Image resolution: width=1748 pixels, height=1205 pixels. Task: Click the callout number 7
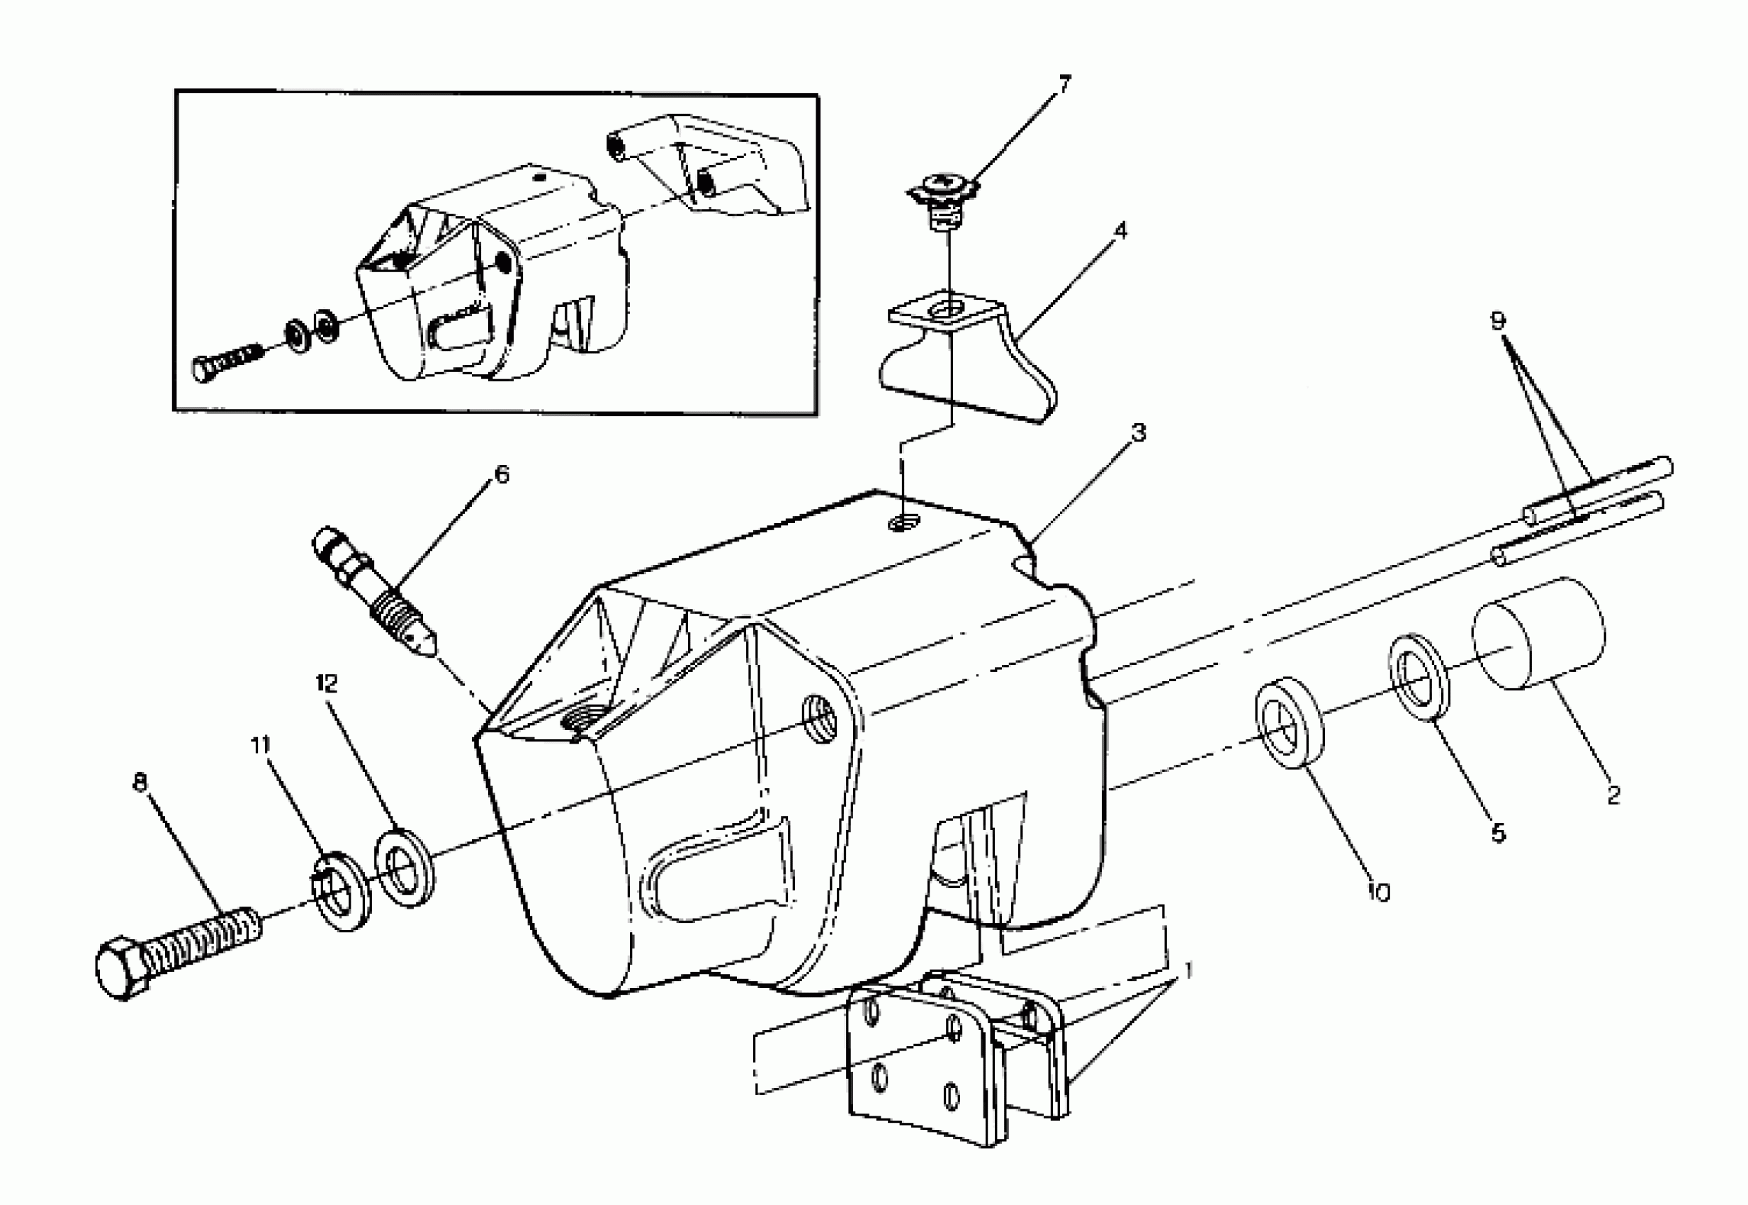1064,84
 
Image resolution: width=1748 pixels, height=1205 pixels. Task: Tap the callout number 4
1121,230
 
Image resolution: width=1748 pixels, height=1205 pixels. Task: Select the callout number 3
1138,432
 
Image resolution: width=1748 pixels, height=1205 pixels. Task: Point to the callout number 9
1497,321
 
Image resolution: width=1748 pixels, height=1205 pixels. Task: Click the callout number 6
501,474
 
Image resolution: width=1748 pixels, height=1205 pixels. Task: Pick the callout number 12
327,684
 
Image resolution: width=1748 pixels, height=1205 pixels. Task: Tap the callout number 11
260,745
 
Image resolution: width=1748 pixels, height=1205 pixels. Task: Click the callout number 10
1378,892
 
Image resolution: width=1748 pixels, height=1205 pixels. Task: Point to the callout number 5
1498,833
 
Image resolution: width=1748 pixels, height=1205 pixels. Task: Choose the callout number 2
1613,795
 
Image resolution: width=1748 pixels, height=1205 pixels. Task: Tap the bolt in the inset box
227,361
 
